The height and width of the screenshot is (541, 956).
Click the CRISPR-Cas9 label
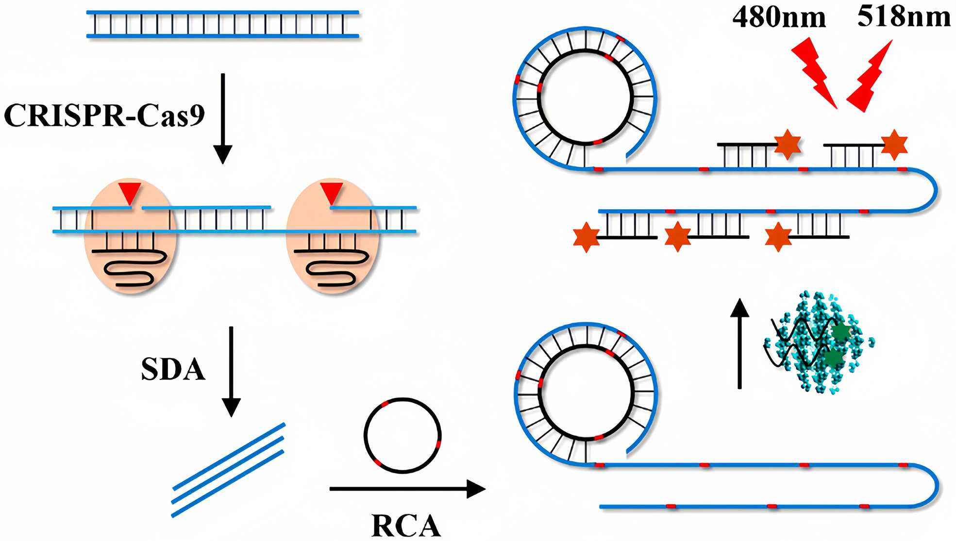click(x=104, y=115)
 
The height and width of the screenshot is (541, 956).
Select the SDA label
click(x=173, y=370)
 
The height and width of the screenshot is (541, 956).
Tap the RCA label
click(x=406, y=526)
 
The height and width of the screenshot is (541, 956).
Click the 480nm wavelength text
click(x=779, y=18)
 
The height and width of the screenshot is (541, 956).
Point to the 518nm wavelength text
click(x=904, y=16)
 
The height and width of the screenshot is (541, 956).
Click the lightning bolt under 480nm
click(x=814, y=73)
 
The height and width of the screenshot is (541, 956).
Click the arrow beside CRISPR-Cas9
click(x=223, y=119)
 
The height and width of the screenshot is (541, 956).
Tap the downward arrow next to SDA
click(x=231, y=371)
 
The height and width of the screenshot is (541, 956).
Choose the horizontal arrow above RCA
click(x=407, y=489)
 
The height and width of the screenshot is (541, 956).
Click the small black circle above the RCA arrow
click(x=403, y=435)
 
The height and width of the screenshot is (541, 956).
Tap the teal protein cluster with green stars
click(x=817, y=343)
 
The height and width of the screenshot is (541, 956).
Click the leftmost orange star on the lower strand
click(x=587, y=237)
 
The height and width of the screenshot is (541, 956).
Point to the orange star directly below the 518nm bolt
click(x=894, y=145)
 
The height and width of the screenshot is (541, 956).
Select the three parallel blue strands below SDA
click(x=228, y=470)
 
